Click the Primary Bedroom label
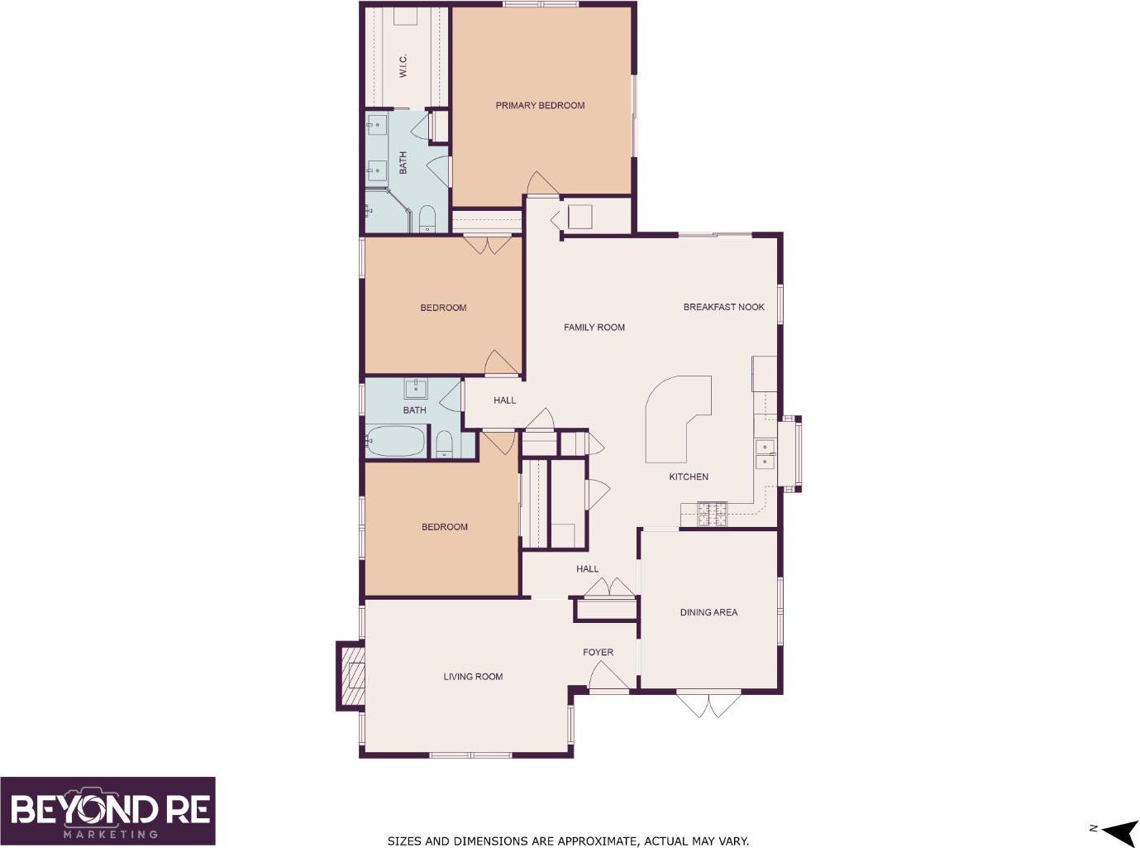click(540, 106)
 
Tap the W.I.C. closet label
click(403, 65)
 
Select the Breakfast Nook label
click(723, 307)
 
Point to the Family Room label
click(594, 328)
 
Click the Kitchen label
click(688, 477)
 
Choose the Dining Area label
click(708, 612)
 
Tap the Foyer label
click(598, 653)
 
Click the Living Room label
click(473, 677)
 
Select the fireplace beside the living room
click(351, 676)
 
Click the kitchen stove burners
click(713, 514)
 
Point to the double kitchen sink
click(766, 454)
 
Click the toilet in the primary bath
click(427, 218)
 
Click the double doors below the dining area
click(708, 705)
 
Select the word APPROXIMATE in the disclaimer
click(597, 841)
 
